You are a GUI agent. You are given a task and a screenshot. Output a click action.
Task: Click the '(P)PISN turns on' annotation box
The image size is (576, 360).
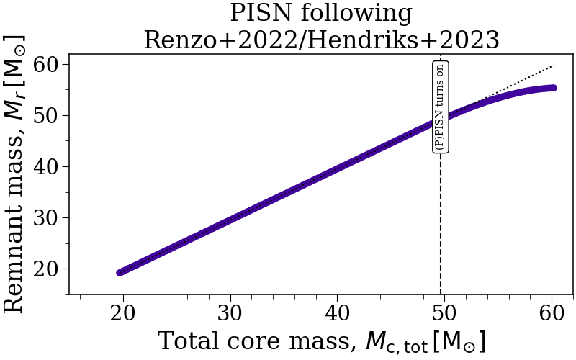coord(441,106)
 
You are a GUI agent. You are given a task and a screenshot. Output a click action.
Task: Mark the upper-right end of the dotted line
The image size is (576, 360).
coord(552,66)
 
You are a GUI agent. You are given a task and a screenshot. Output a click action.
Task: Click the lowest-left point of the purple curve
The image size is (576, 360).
coord(121,272)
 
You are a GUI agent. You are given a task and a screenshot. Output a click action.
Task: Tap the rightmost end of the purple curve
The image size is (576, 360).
coord(553,88)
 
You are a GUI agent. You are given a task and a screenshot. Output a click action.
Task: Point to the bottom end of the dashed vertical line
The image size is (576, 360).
coord(441,294)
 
